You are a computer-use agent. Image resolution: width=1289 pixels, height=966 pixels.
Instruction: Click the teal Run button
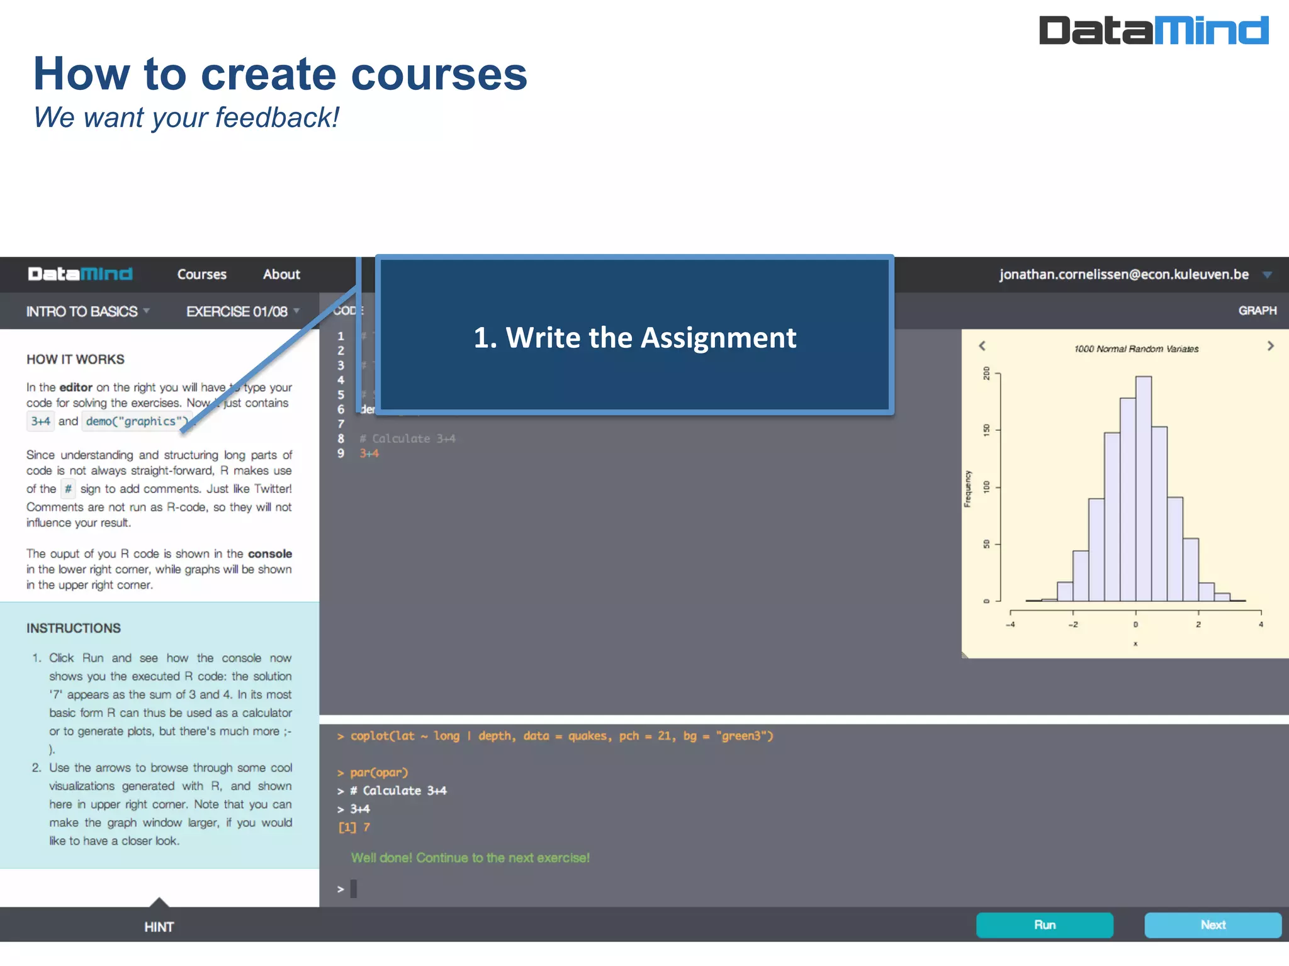tap(1044, 925)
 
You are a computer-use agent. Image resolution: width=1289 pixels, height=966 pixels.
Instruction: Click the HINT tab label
tap(159, 927)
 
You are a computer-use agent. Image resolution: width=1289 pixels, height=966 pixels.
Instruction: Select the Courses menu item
tap(201, 274)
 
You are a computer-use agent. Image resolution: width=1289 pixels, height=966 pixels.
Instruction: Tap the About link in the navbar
tap(281, 274)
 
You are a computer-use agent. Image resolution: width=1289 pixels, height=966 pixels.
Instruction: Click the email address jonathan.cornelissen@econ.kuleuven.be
tap(1123, 274)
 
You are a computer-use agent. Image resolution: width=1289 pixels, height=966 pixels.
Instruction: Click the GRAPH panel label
tap(1257, 311)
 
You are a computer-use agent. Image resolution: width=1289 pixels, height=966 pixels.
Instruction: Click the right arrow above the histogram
tap(1270, 346)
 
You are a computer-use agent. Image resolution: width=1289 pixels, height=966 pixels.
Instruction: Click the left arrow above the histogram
tap(982, 346)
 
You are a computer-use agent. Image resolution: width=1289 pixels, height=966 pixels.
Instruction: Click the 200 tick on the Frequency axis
tap(987, 374)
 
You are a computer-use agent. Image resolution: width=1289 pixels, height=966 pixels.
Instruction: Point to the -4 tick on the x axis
tap(1010, 625)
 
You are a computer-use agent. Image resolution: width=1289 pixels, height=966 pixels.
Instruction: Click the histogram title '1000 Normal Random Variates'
tap(1136, 349)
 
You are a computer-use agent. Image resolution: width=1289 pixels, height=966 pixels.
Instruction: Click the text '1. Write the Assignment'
tap(634, 338)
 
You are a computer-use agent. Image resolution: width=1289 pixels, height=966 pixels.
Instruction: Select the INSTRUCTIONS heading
tap(74, 628)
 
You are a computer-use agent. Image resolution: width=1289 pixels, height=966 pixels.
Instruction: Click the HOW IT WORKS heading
tap(76, 359)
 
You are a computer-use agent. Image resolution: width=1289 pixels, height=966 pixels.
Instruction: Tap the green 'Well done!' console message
tap(470, 858)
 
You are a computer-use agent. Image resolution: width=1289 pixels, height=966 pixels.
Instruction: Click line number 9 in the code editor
tap(341, 453)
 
